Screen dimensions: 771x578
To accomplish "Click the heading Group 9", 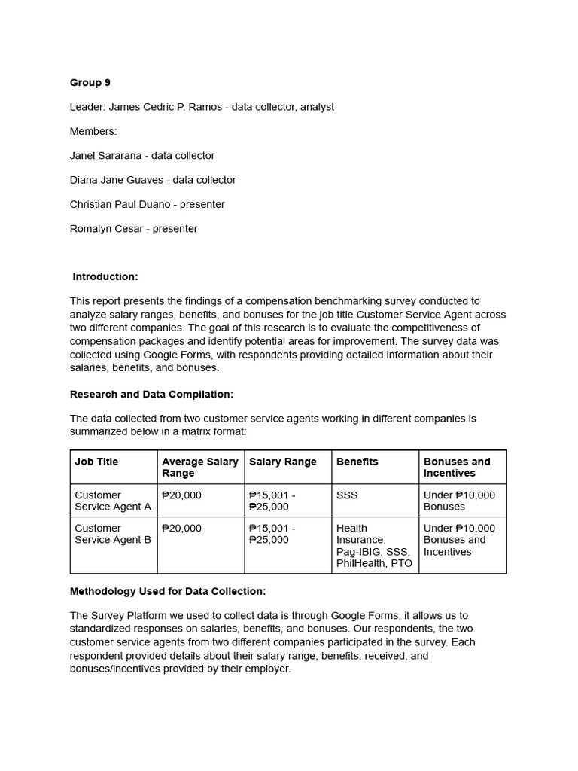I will tap(90, 83).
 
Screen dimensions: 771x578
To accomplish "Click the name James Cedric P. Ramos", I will tap(165, 107).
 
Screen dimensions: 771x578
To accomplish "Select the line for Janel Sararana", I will tap(142, 156).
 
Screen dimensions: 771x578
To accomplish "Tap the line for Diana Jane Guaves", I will tap(153, 180).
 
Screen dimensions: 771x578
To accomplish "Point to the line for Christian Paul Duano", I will tap(147, 205).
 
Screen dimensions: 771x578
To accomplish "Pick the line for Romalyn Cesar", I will tap(133, 229).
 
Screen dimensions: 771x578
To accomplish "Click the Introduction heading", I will tap(105, 277).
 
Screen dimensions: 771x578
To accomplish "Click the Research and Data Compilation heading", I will tap(151, 394).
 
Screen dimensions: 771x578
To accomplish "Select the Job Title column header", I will tap(96, 462).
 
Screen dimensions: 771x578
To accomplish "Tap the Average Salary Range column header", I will tap(199, 467).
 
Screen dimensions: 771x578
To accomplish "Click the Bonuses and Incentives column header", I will tap(456, 467).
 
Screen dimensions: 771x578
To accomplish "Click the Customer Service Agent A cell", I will tap(112, 501).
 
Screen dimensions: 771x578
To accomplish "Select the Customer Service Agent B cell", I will tap(112, 534).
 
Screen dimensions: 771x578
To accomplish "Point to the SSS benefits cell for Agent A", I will tap(347, 495).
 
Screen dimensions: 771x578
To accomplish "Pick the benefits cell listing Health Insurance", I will tap(373, 545).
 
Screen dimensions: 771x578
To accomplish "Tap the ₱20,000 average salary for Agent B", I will tap(181, 529).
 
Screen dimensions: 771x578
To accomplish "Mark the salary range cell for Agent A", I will tap(272, 501).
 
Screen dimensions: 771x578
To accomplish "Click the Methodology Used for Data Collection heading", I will tap(167, 591).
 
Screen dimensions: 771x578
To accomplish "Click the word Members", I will tap(93, 132).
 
